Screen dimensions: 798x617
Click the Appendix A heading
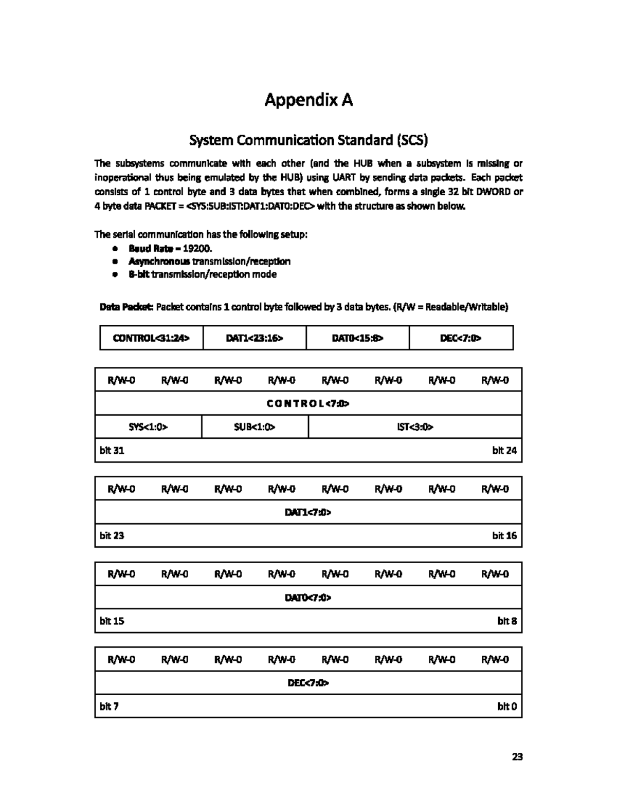click(x=308, y=100)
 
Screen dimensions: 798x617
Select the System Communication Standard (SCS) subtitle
click(x=308, y=140)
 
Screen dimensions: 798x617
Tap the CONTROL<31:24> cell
click(x=151, y=338)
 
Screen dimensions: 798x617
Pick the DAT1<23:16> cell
click(x=255, y=338)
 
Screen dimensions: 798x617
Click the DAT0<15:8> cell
click(x=358, y=338)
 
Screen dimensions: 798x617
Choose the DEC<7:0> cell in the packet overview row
click(x=461, y=338)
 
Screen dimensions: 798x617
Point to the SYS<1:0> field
click(x=148, y=426)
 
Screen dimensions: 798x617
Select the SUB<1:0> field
click(x=255, y=426)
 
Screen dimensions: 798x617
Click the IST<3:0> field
click(x=415, y=426)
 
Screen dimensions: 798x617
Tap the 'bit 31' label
click(x=112, y=451)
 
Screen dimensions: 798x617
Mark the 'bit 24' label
click(x=504, y=451)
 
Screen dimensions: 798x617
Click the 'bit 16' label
click(x=504, y=535)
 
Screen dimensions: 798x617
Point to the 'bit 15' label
click(x=112, y=621)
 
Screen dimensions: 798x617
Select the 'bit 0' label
click(x=506, y=707)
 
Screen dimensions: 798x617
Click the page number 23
click(x=517, y=756)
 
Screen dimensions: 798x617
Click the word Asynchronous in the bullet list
click(x=159, y=262)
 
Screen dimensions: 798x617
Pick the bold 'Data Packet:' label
click(x=126, y=307)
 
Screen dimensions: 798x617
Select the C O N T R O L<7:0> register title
click(x=308, y=403)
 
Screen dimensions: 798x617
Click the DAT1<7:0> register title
click(x=308, y=512)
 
